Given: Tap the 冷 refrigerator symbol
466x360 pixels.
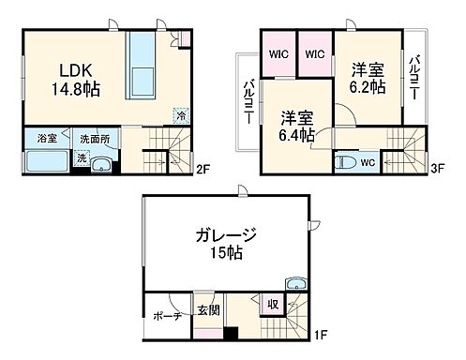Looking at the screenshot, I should coord(180,116).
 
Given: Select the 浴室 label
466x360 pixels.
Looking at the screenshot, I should coord(48,137).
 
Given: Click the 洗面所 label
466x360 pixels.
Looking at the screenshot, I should coord(94,137).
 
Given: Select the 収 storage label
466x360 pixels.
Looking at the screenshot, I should coord(273,305).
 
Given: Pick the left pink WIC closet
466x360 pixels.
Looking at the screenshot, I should coord(278,53).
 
